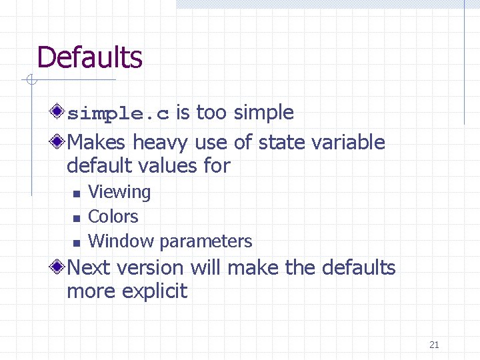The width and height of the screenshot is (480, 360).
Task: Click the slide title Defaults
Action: tap(89, 57)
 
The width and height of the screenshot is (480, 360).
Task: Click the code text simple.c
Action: tap(118, 113)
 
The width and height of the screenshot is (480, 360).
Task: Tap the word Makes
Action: tap(97, 142)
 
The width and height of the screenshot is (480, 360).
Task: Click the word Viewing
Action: tap(119, 192)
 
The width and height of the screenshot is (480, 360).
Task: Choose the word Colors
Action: tap(113, 217)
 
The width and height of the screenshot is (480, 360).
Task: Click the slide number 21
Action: tap(434, 345)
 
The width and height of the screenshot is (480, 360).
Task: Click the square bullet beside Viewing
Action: tap(77, 194)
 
